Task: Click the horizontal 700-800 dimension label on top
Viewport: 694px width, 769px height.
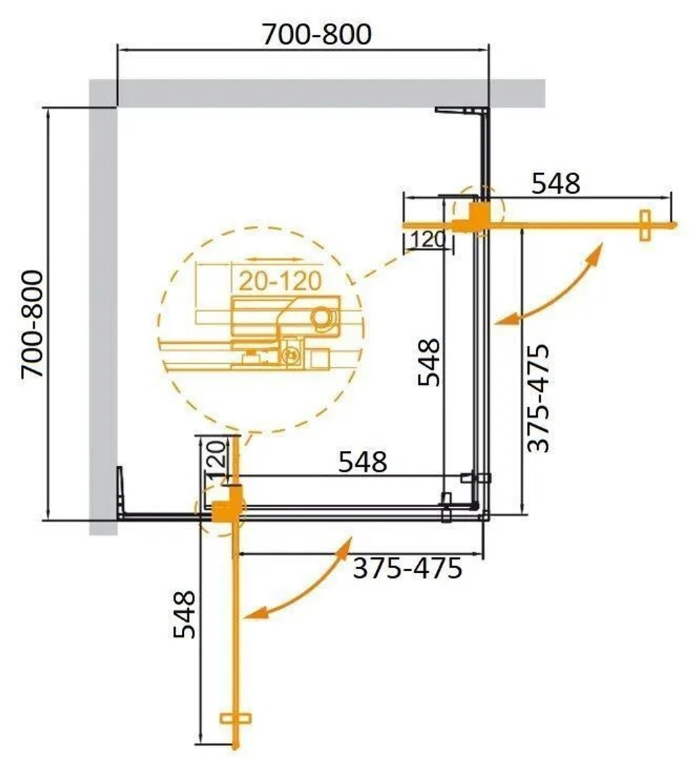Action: pos(316,34)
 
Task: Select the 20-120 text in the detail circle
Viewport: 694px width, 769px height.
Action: pos(280,281)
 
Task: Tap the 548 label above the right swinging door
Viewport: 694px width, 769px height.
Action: pos(555,183)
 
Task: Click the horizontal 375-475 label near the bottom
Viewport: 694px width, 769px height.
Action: pos(407,569)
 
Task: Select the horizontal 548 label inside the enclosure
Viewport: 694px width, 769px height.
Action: pos(362,462)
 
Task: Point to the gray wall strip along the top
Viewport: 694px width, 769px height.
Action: pos(326,92)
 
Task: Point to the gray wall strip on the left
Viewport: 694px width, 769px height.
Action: pos(102,313)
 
